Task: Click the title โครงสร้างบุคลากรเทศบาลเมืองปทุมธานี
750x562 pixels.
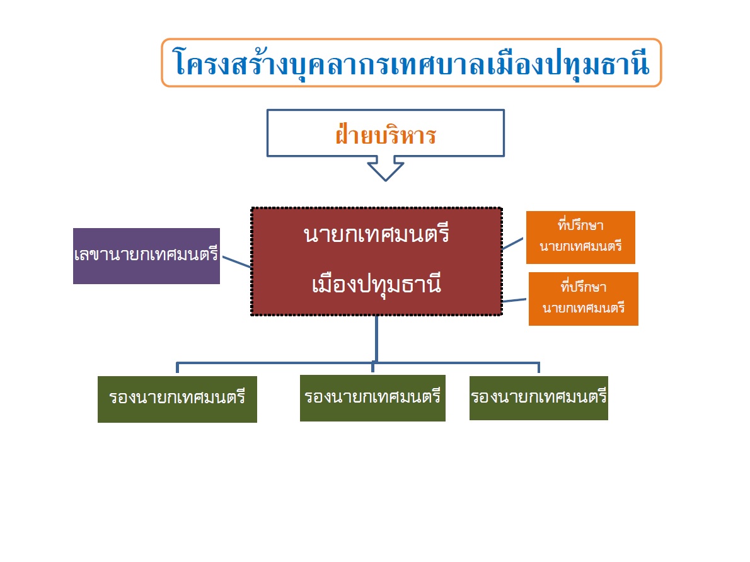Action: (412, 62)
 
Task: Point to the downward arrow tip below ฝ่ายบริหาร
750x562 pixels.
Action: (386, 180)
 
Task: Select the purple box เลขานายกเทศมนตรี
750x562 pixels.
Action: (146, 256)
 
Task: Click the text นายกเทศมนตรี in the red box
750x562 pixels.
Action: (376, 235)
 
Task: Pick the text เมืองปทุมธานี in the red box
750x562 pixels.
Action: (376, 284)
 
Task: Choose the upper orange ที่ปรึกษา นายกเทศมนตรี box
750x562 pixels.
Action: (580, 238)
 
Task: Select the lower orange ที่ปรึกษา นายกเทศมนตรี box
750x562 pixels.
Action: (584, 299)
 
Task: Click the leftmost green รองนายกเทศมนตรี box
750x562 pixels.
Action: (178, 399)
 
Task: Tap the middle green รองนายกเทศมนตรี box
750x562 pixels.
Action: (372, 398)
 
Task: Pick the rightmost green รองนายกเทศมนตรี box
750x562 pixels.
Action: (539, 398)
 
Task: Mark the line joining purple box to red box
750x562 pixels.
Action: (237, 261)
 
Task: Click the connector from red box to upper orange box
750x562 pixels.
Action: (513, 243)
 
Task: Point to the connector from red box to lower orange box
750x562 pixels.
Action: (515, 301)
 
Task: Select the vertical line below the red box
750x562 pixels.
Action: (376, 339)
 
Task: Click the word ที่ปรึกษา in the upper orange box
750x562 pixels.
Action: (580, 224)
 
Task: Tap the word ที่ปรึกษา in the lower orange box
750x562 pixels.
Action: (584, 286)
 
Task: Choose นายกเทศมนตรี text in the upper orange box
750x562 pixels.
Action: (580, 246)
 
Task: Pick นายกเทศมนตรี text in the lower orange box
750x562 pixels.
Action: (584, 307)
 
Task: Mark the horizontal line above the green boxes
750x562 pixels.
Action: (358, 363)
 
